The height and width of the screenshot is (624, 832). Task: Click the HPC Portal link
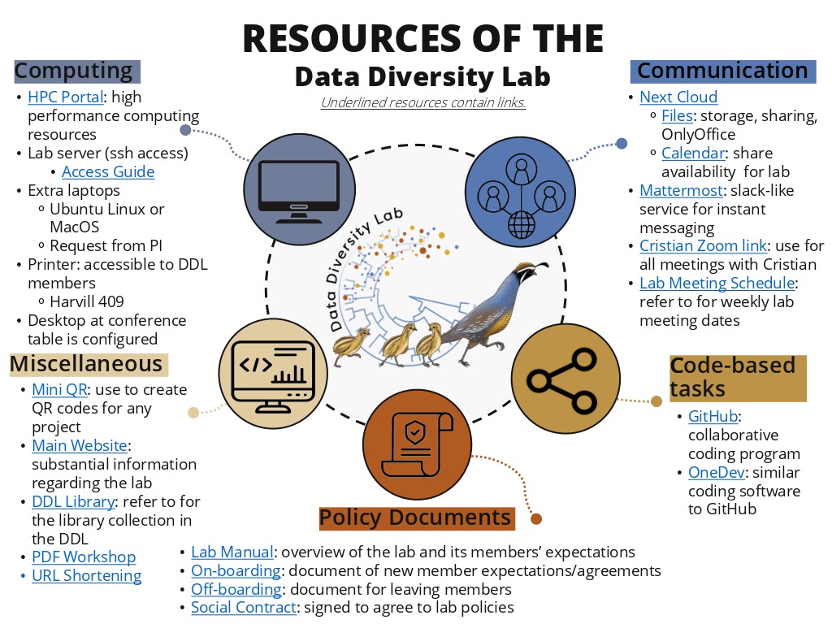tap(65, 97)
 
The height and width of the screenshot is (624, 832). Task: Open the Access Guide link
tap(108, 172)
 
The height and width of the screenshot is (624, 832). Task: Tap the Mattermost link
tap(682, 190)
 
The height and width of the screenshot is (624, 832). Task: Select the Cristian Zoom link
tap(703, 245)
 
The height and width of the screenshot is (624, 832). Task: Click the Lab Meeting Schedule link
tap(717, 284)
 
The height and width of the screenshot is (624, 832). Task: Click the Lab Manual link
tap(232, 552)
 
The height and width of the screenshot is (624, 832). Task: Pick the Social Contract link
tap(244, 608)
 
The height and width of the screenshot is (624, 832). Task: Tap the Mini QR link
tap(59, 389)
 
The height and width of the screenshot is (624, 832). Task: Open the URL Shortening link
tap(86, 576)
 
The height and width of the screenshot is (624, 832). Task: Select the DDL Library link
tap(73, 501)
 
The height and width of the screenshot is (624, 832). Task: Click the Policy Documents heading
tap(417, 518)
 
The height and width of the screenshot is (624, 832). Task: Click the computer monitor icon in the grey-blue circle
tap(299, 191)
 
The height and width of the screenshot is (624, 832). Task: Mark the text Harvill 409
tap(86, 302)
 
